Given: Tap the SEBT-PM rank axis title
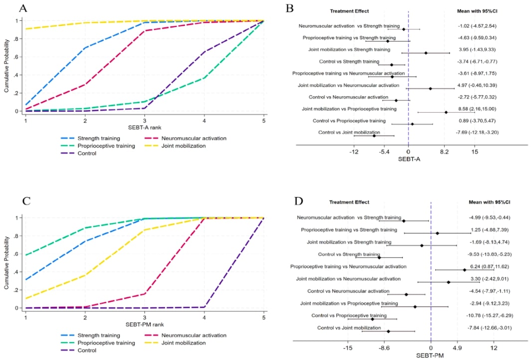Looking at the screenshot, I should pyautogui.click(x=145, y=325).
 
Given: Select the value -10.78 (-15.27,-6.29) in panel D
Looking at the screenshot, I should pyautogui.click(x=491, y=316).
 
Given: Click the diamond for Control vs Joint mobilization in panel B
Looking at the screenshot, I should pyautogui.click(x=373, y=136).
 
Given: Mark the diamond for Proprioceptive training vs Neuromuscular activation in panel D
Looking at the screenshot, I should pyautogui.click(x=465, y=270).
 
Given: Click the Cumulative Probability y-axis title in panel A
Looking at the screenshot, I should pyautogui.click(x=6, y=66).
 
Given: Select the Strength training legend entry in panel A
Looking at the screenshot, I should pyautogui.click(x=89, y=138).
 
